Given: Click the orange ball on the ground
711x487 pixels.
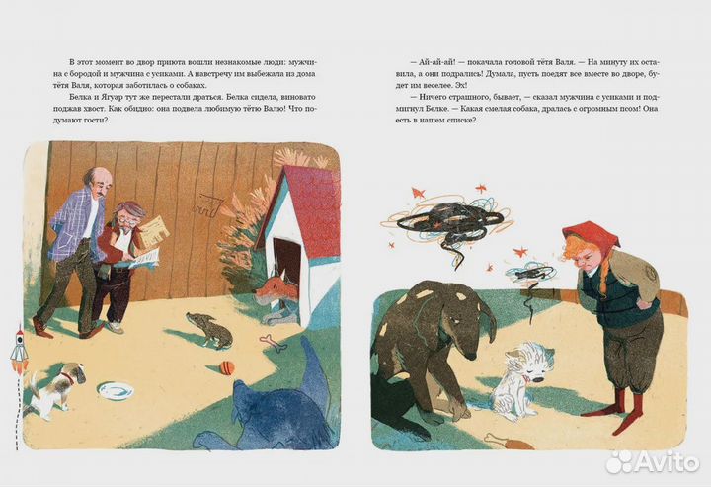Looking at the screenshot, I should [x=227, y=367].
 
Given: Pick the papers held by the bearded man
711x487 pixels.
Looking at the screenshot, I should [x=148, y=240].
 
